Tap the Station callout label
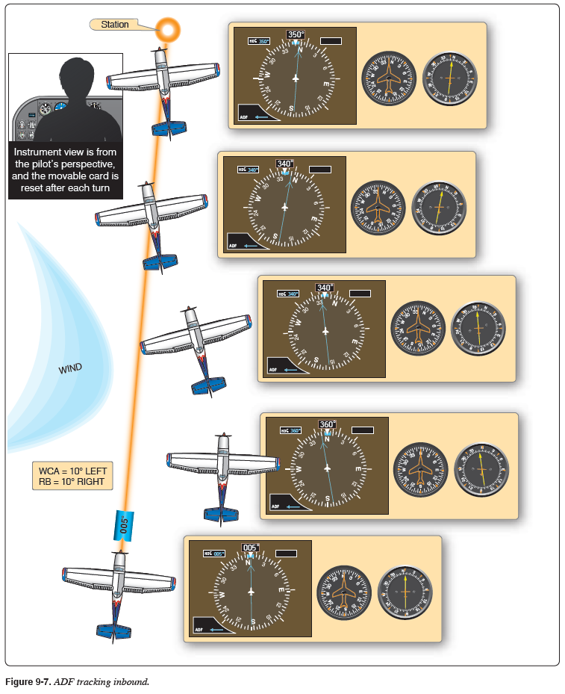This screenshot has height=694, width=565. coord(115,25)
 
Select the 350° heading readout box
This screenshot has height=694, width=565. coord(296,34)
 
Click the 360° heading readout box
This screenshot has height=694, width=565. coord(327,424)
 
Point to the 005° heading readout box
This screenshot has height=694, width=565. coord(252,548)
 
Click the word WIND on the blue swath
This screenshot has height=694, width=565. coord(70,368)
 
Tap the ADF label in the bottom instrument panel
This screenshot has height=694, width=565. coord(199,629)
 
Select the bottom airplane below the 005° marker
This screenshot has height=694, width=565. coord(118,591)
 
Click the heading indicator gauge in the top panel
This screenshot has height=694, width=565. coord(388,78)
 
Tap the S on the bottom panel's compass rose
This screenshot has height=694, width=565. coord(253,622)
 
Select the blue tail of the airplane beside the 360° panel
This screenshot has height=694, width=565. coord(221,514)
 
